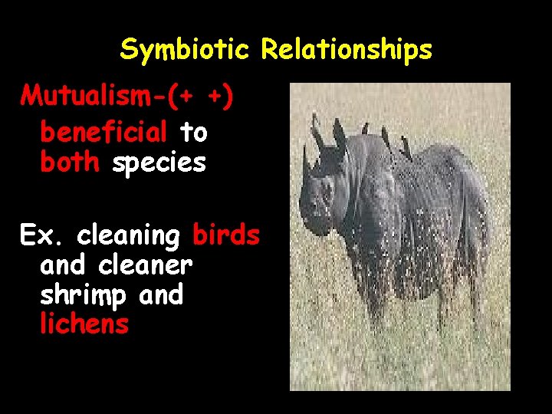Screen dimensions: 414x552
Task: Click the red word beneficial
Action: point(103,132)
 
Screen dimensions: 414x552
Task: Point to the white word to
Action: point(193,132)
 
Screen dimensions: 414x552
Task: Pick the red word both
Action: point(69,163)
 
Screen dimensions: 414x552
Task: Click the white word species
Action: point(159,163)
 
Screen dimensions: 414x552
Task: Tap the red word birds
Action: point(226,235)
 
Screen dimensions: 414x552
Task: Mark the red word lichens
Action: point(84,324)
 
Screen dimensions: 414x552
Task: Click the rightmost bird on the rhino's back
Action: point(406,150)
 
